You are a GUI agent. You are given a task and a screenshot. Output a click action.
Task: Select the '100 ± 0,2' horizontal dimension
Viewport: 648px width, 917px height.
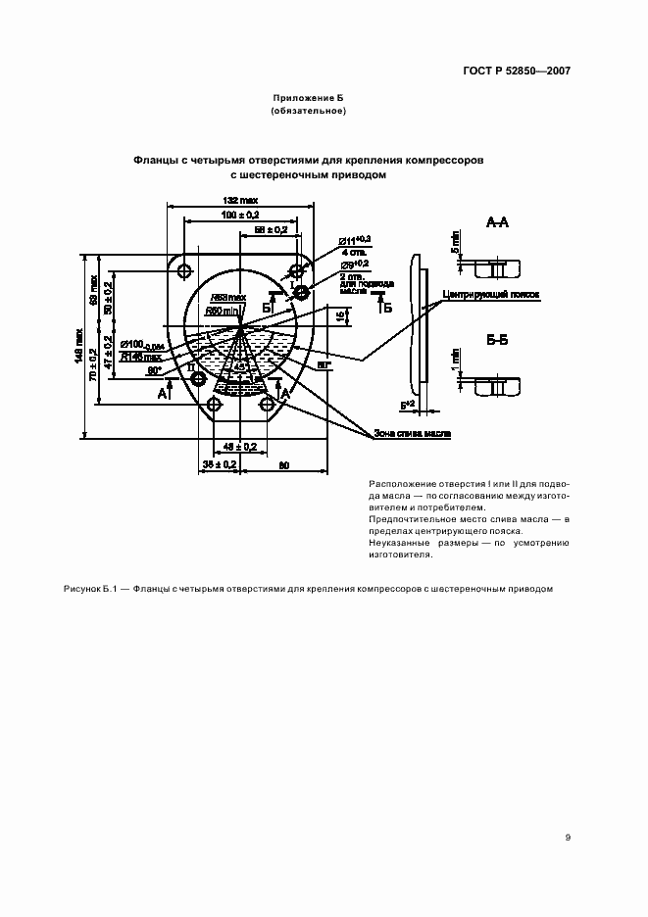tap(241, 216)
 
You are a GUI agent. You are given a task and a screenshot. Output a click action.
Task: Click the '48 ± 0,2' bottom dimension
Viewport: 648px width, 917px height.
tap(241, 447)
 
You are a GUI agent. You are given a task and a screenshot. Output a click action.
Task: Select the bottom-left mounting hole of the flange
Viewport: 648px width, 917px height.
tap(214, 404)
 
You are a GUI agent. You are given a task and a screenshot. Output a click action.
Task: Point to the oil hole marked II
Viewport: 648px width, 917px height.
tap(199, 378)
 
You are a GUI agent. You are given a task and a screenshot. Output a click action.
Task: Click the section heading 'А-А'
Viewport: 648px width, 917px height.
tap(497, 222)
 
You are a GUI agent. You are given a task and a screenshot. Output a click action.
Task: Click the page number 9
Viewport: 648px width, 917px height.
tap(568, 838)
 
